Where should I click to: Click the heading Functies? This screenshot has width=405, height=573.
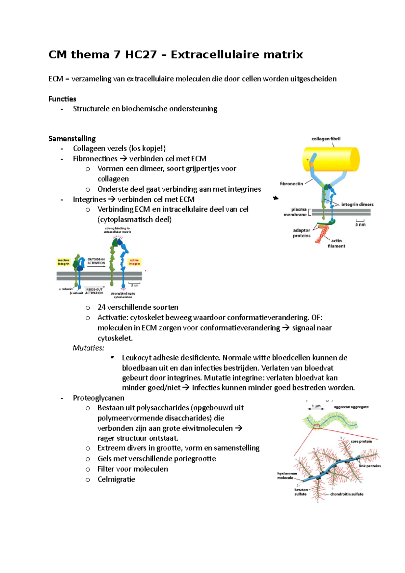(x=62, y=99)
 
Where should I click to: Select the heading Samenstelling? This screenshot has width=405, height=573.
(x=72, y=138)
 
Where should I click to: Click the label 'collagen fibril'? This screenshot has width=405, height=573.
(x=326, y=139)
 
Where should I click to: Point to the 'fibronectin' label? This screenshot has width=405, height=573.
(x=291, y=184)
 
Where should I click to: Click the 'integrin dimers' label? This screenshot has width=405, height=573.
(x=357, y=204)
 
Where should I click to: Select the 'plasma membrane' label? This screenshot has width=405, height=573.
(x=295, y=212)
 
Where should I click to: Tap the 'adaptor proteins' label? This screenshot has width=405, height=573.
(x=301, y=233)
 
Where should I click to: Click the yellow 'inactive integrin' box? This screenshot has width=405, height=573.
(x=64, y=262)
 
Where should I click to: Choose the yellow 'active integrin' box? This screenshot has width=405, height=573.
(x=134, y=262)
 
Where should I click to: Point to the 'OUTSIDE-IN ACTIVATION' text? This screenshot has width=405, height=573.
(x=96, y=261)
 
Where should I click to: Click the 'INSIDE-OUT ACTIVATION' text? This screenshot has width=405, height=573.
(x=94, y=291)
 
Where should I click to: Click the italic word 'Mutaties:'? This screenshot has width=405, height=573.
(x=88, y=348)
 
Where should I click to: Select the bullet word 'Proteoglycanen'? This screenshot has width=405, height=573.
(x=99, y=398)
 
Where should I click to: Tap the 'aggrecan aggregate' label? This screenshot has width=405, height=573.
(x=351, y=407)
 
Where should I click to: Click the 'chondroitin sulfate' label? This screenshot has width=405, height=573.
(x=347, y=494)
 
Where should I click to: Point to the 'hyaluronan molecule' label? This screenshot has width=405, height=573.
(x=287, y=475)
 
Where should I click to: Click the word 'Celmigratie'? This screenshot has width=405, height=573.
(x=116, y=479)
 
